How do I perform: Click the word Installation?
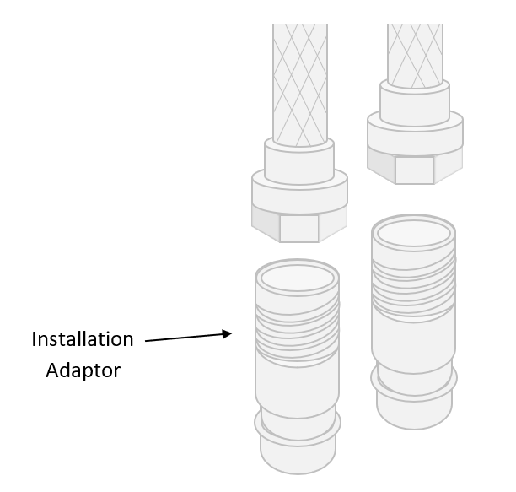tap(83, 339)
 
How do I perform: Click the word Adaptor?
tap(83, 370)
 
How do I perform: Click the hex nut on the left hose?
tap(299, 226)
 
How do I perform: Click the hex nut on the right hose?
tap(414, 169)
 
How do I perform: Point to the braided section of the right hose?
tap(415, 42)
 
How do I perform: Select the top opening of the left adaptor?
tap(298, 276)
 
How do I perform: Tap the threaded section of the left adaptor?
tap(298, 325)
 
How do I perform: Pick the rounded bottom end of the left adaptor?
tap(298, 456)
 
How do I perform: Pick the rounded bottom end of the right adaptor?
tap(414, 411)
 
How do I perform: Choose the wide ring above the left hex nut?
tap(300, 193)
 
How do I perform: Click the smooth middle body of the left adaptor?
tap(298, 380)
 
